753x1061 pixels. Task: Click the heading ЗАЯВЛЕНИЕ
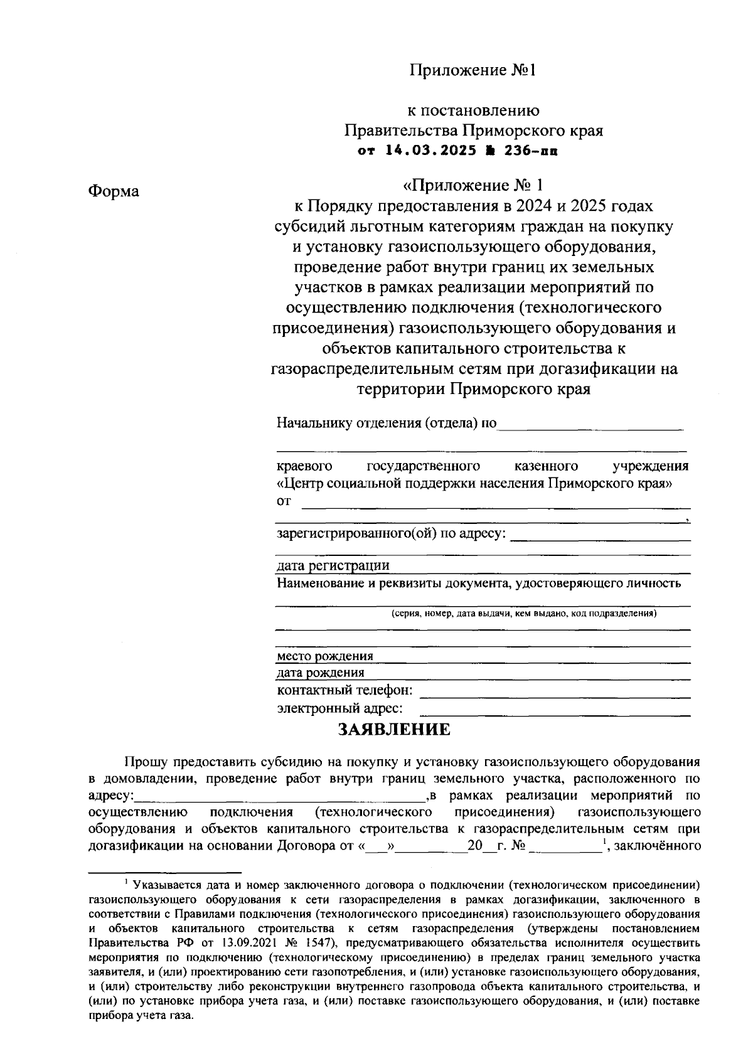(x=395, y=730)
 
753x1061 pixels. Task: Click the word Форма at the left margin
(x=114, y=191)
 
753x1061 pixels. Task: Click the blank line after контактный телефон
(x=555, y=694)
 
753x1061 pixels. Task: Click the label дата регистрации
(x=333, y=566)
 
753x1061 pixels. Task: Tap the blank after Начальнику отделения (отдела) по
(x=590, y=427)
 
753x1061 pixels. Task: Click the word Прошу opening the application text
(x=146, y=762)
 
